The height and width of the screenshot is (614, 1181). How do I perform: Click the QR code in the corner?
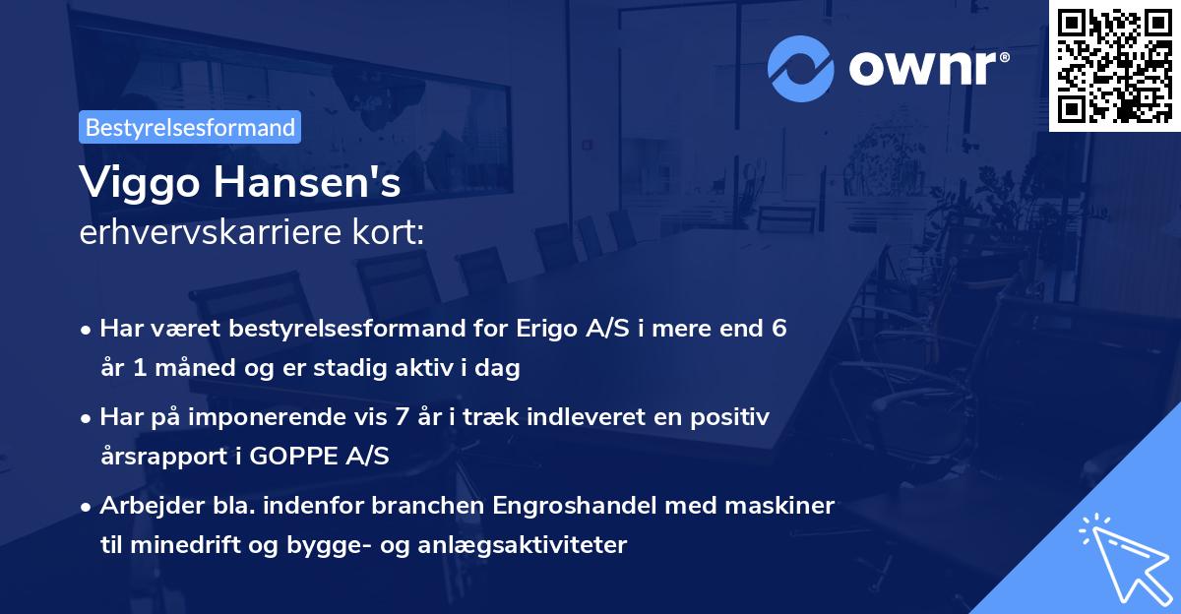[x=1113, y=65]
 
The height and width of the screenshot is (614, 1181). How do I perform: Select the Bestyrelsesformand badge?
[x=190, y=127]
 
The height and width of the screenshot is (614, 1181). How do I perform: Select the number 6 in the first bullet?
[x=778, y=328]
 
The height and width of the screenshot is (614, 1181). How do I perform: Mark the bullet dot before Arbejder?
[x=88, y=507]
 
